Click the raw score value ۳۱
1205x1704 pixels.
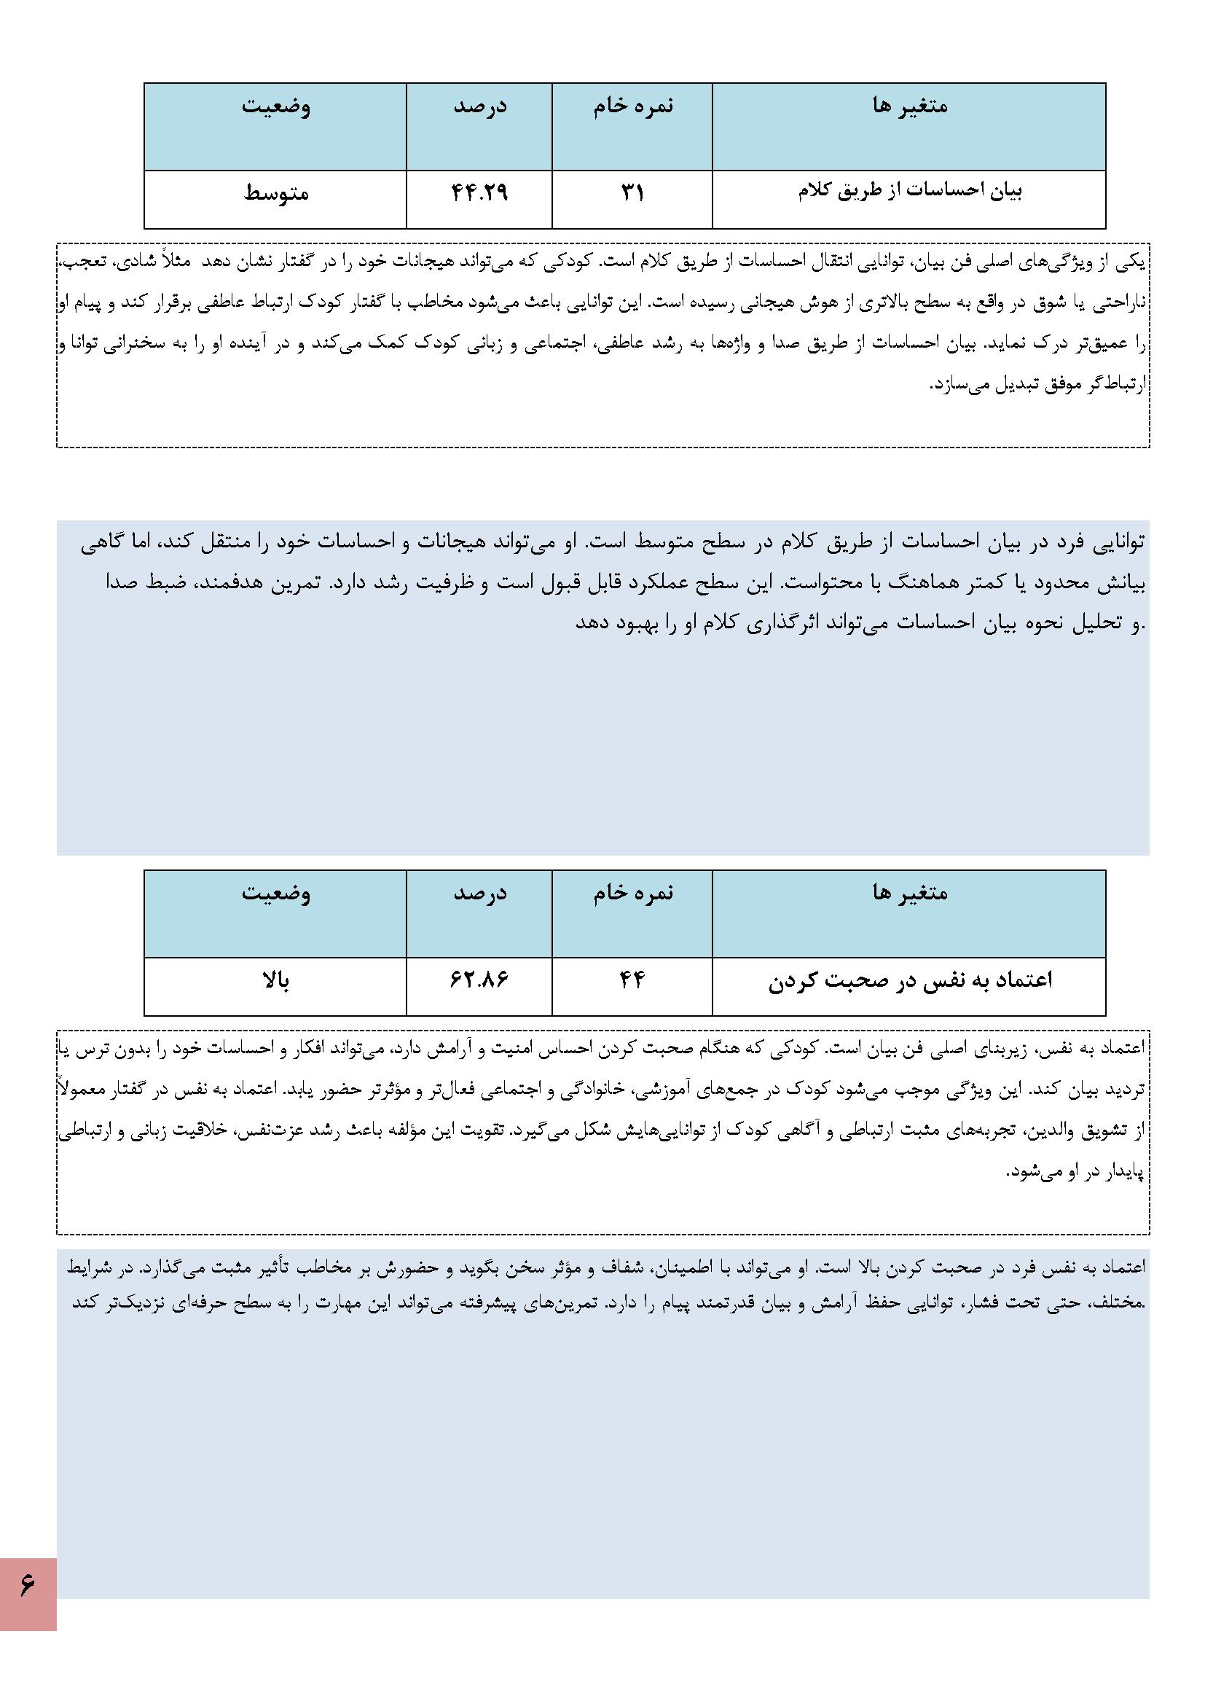632,194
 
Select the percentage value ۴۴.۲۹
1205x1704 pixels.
479,194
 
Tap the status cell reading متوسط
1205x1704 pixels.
276,194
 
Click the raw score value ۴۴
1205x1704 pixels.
632,980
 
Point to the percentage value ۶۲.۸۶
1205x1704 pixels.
479,980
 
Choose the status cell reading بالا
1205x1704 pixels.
276,980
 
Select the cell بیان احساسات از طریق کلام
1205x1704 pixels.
910,192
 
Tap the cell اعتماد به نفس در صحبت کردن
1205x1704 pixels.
910,980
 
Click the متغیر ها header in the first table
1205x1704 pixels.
910,106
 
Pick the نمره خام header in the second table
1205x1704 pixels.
633,893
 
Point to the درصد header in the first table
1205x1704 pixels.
479,106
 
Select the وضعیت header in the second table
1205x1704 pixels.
276,893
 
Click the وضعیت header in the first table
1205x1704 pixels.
276,106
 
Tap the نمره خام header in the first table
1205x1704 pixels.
633,106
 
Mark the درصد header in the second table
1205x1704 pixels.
479,893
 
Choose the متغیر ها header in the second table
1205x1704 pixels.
910,893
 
